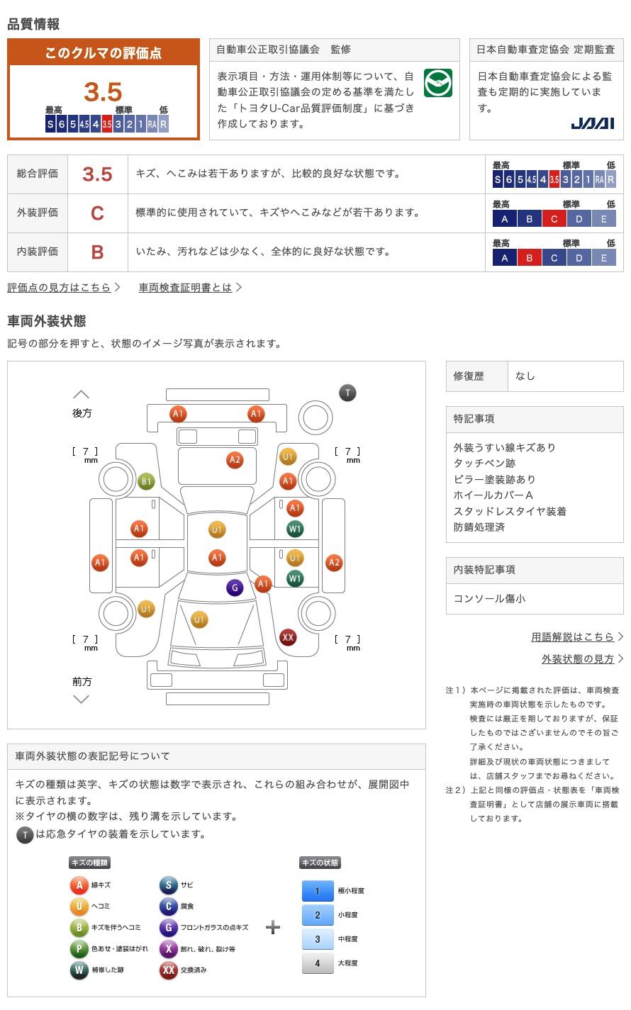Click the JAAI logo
592,123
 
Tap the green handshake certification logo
437,82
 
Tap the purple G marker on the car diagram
235,588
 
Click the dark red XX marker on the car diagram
288,637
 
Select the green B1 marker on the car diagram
146,481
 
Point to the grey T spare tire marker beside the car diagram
347,393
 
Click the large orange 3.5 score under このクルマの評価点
103,91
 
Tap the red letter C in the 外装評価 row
97,213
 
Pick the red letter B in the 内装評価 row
97,252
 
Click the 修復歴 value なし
525,376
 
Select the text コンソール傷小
489,598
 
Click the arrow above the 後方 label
82,394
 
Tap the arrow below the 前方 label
82,699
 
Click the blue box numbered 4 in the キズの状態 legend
318,963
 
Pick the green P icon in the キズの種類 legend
79,948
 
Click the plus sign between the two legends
273,927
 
